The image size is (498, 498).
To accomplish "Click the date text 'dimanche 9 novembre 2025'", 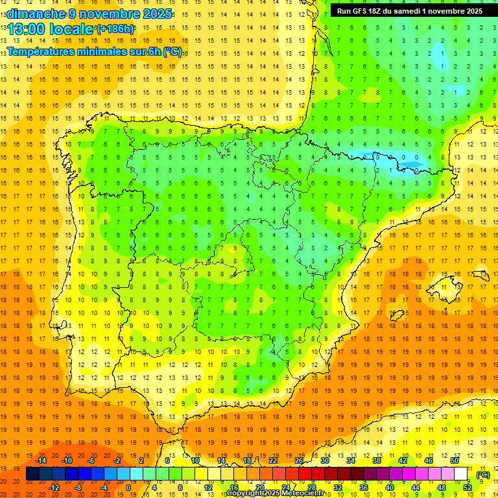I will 89,14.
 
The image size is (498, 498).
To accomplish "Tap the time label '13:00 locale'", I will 51,29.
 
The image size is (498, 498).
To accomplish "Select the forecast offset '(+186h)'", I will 115,29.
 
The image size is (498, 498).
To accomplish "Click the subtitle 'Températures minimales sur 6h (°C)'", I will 94,51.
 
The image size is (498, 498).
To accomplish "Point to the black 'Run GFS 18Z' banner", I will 409,10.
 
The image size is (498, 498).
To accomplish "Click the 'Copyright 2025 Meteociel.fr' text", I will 275,493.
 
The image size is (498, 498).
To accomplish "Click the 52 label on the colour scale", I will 468,488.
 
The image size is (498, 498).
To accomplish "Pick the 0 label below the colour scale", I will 128,488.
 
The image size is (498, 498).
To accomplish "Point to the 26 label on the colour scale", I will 299,460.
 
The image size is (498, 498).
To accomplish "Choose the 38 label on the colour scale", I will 377,460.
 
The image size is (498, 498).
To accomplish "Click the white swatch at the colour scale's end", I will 461,474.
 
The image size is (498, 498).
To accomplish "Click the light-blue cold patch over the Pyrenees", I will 389,158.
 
